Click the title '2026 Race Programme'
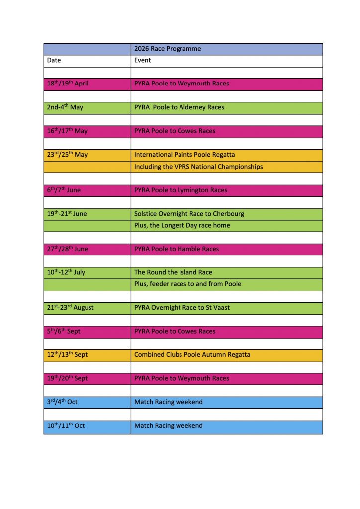(x=168, y=49)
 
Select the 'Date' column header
(x=54, y=60)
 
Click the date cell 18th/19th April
(x=68, y=84)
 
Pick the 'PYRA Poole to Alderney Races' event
(x=179, y=107)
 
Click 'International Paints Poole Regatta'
(x=184, y=155)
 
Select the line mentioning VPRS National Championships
(x=198, y=167)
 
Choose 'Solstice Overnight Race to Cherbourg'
(x=189, y=214)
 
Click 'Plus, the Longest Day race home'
(x=182, y=225)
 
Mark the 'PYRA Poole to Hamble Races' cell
(x=177, y=249)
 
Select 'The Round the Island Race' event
(x=173, y=272)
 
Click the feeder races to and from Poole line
(x=187, y=284)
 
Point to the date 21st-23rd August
(x=71, y=308)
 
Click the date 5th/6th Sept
(x=64, y=331)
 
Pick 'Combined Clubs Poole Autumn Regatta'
(x=192, y=355)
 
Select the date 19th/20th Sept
(x=67, y=378)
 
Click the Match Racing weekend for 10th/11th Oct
(x=169, y=426)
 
